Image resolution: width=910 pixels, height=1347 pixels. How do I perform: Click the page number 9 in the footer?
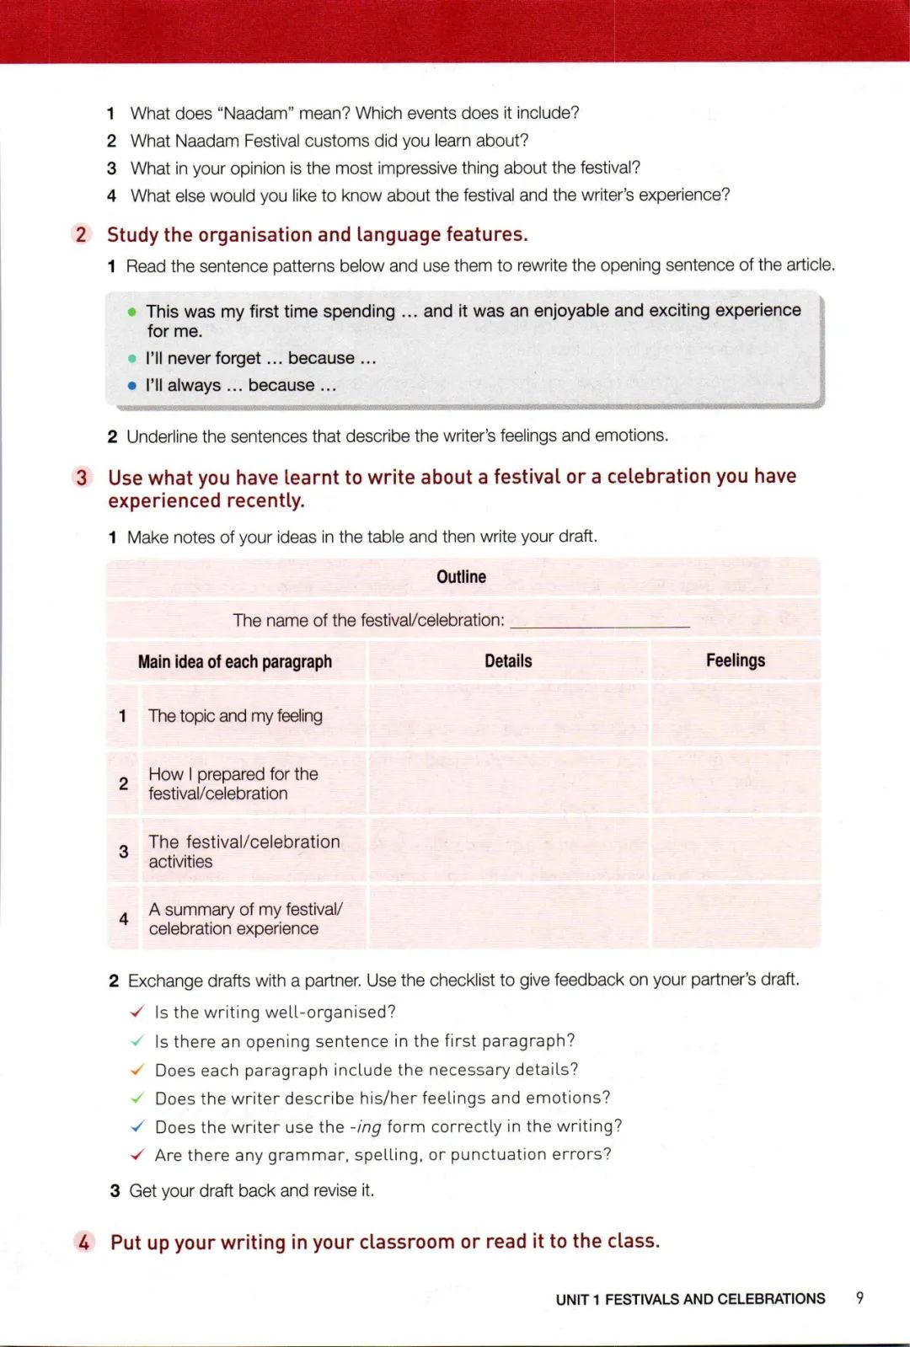click(859, 1297)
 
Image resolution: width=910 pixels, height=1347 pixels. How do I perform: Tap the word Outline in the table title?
click(461, 577)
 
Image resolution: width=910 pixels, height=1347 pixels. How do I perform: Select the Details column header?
click(508, 661)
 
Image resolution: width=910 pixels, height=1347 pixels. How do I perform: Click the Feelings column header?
click(735, 660)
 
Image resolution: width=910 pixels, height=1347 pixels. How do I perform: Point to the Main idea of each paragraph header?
click(234, 662)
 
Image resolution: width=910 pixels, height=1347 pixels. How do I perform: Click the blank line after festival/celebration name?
click(599, 623)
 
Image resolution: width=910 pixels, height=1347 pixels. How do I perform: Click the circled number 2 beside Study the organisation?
click(81, 234)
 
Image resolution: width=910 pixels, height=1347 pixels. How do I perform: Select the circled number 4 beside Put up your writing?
click(83, 1242)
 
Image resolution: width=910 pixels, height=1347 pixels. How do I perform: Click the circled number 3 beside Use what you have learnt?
click(82, 478)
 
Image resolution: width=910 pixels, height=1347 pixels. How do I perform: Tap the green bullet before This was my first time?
click(131, 312)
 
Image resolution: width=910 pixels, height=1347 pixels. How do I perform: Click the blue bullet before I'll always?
click(131, 386)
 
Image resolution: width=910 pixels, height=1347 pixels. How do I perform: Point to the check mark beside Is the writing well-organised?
click(137, 1012)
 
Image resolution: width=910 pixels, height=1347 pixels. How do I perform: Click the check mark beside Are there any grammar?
click(137, 1154)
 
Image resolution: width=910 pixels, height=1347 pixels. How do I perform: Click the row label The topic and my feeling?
click(235, 716)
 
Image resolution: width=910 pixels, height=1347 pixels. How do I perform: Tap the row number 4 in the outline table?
click(124, 919)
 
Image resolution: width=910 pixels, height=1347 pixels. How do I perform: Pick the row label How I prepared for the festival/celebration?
click(233, 783)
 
